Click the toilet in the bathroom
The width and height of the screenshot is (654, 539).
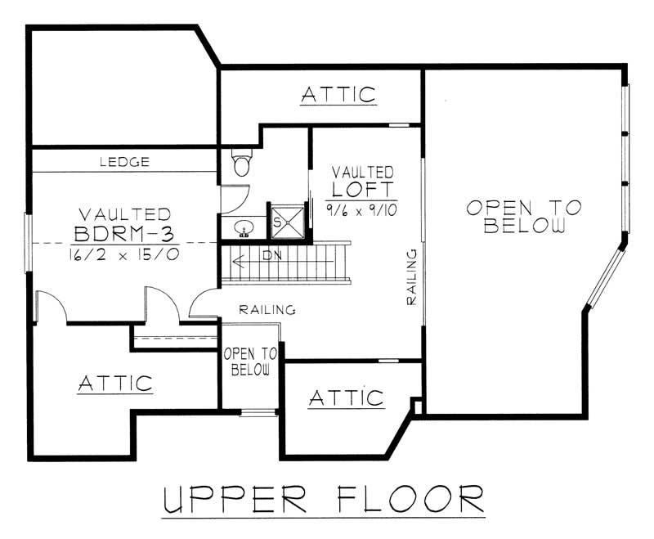241,164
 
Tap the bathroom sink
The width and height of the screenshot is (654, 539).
243,228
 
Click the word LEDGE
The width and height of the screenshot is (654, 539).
124,162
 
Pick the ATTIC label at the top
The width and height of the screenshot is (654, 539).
338,94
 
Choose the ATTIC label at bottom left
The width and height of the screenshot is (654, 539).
115,383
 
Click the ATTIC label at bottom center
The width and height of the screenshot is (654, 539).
346,398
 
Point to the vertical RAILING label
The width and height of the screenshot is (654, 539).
412,278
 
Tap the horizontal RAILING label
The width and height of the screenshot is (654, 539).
267,310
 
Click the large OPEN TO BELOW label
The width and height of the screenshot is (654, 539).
523,216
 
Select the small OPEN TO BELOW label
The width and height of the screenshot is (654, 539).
250,361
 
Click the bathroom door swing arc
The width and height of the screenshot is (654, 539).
235,196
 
